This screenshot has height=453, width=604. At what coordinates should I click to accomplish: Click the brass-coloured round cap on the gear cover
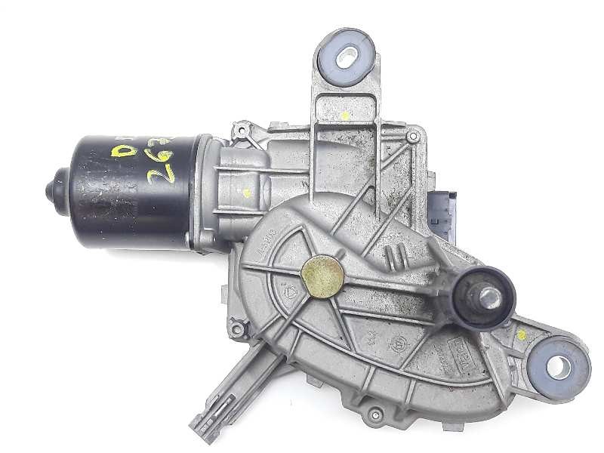click(x=322, y=276)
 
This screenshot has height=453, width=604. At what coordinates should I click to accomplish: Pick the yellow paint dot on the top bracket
click(x=344, y=116)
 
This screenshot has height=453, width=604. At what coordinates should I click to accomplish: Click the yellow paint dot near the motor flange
click(x=246, y=192)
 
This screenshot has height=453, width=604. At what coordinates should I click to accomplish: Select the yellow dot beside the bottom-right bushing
click(x=520, y=332)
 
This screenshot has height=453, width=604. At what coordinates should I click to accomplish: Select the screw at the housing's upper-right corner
click(x=412, y=137)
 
